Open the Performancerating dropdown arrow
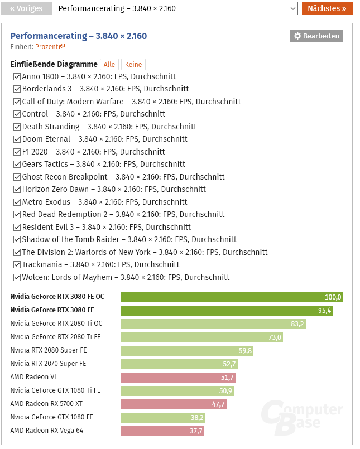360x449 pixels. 293,9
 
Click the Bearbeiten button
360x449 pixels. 316,36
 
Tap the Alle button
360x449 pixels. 109,65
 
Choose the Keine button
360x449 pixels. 133,65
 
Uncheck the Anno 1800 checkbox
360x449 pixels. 17,76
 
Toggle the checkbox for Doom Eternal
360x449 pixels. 17,139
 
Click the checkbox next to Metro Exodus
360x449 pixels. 17,202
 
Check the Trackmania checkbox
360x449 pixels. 17,265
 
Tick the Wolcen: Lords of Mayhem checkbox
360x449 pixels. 17,277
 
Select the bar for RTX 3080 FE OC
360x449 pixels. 232,297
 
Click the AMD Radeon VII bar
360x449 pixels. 178,378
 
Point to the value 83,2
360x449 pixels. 297,324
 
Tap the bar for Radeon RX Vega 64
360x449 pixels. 162,431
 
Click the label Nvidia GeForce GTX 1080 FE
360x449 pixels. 51,417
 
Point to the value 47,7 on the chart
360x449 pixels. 218,404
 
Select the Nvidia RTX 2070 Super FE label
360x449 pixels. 48,364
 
